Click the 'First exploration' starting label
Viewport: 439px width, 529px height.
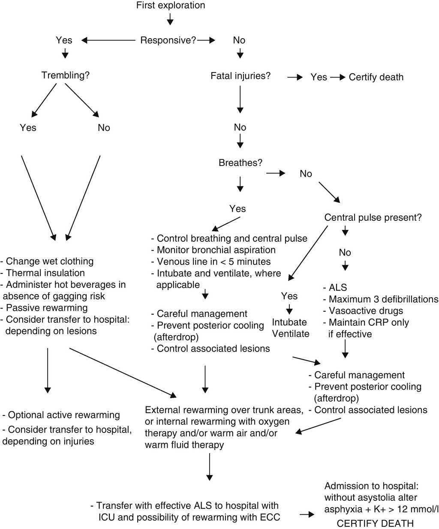(x=171, y=6)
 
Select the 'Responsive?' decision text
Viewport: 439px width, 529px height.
(x=168, y=40)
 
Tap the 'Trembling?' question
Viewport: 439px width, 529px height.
(x=65, y=75)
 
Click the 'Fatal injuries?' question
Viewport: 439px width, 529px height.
(x=241, y=76)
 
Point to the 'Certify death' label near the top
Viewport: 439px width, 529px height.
(x=376, y=77)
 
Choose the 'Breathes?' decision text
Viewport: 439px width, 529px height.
(x=241, y=163)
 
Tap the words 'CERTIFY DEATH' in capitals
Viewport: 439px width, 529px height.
(x=375, y=523)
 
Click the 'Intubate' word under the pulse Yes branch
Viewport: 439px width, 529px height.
(x=289, y=322)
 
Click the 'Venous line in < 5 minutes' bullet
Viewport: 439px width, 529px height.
(x=211, y=261)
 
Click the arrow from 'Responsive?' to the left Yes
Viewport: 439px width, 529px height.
(x=108, y=40)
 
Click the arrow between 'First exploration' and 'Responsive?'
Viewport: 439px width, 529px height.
(x=170, y=19)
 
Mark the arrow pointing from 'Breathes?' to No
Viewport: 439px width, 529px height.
(x=276, y=173)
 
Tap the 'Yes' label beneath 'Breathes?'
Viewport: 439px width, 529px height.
(x=238, y=209)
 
